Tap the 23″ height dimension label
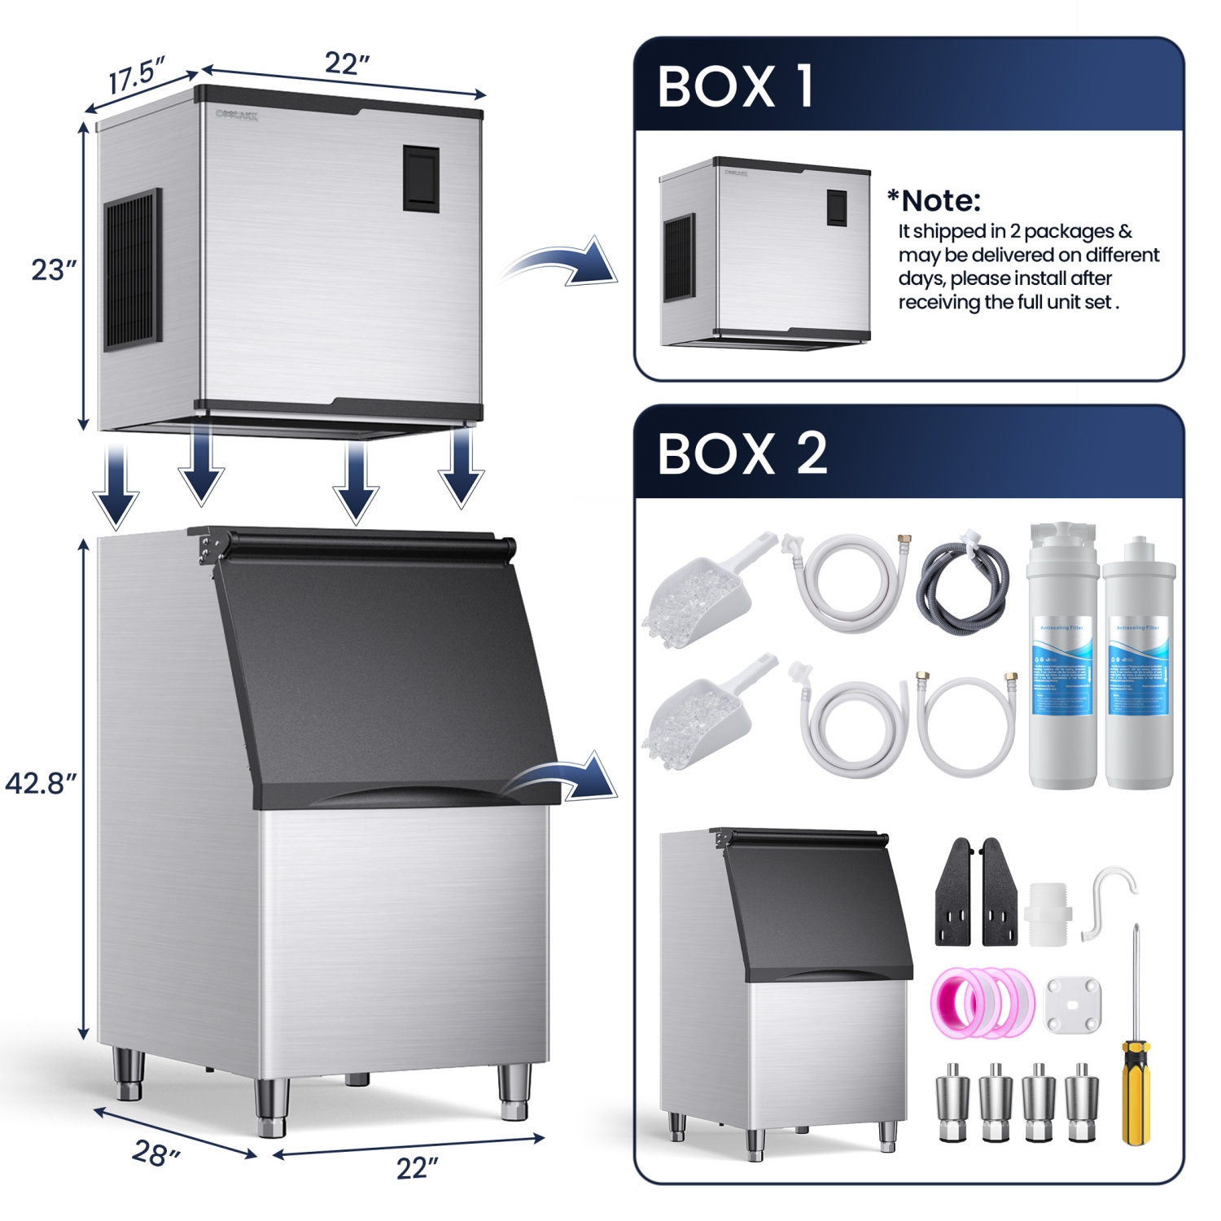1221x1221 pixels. point(54,269)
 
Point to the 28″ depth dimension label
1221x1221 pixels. point(155,1153)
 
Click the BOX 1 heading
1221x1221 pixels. point(735,86)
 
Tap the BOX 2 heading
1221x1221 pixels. point(742,453)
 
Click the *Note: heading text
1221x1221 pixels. point(934,200)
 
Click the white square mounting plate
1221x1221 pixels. point(1073,1004)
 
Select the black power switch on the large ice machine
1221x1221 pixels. point(421,179)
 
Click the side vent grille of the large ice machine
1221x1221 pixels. point(132,270)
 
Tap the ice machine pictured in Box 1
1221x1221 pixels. point(765,253)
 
